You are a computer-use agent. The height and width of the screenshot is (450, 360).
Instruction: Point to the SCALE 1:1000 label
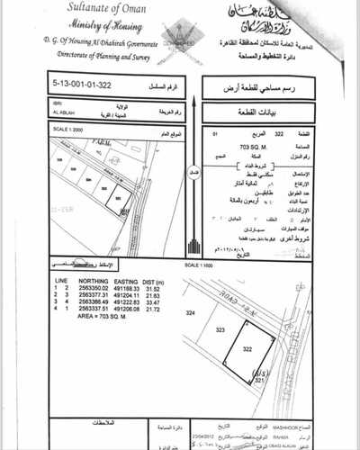point(198,266)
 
